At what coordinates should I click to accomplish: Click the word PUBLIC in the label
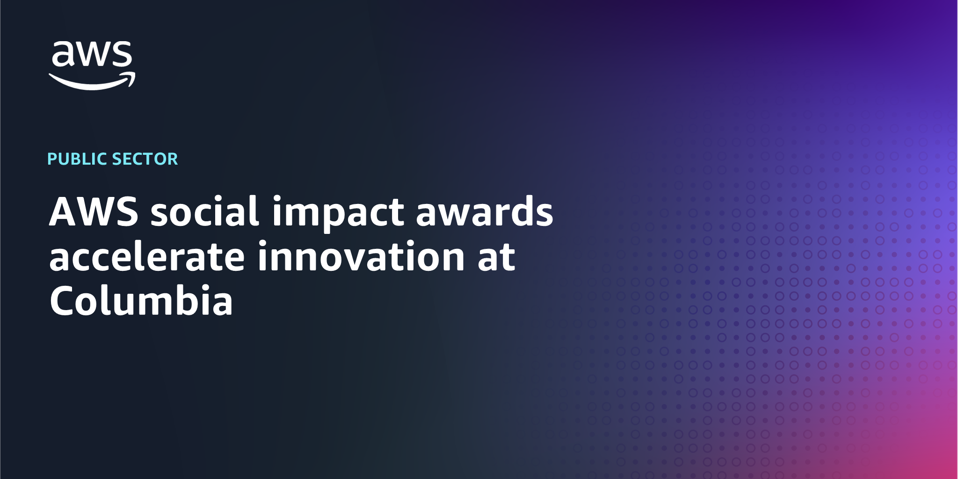click(78, 159)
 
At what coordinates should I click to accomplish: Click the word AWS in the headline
click(94, 211)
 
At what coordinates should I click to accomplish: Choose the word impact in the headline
click(338, 213)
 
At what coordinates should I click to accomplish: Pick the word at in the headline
click(496, 257)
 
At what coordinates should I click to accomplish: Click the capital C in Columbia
click(63, 300)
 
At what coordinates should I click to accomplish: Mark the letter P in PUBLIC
click(52, 159)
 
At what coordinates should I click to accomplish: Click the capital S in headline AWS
click(128, 211)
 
